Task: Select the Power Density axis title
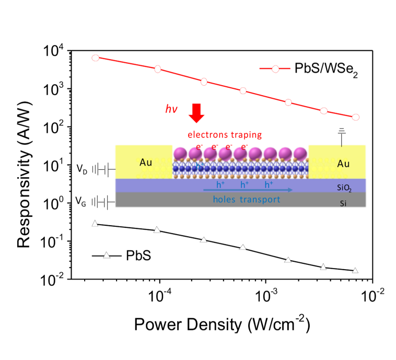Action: tap(223, 326)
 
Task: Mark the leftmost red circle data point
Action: tap(95, 57)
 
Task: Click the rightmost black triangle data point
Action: tap(355, 271)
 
